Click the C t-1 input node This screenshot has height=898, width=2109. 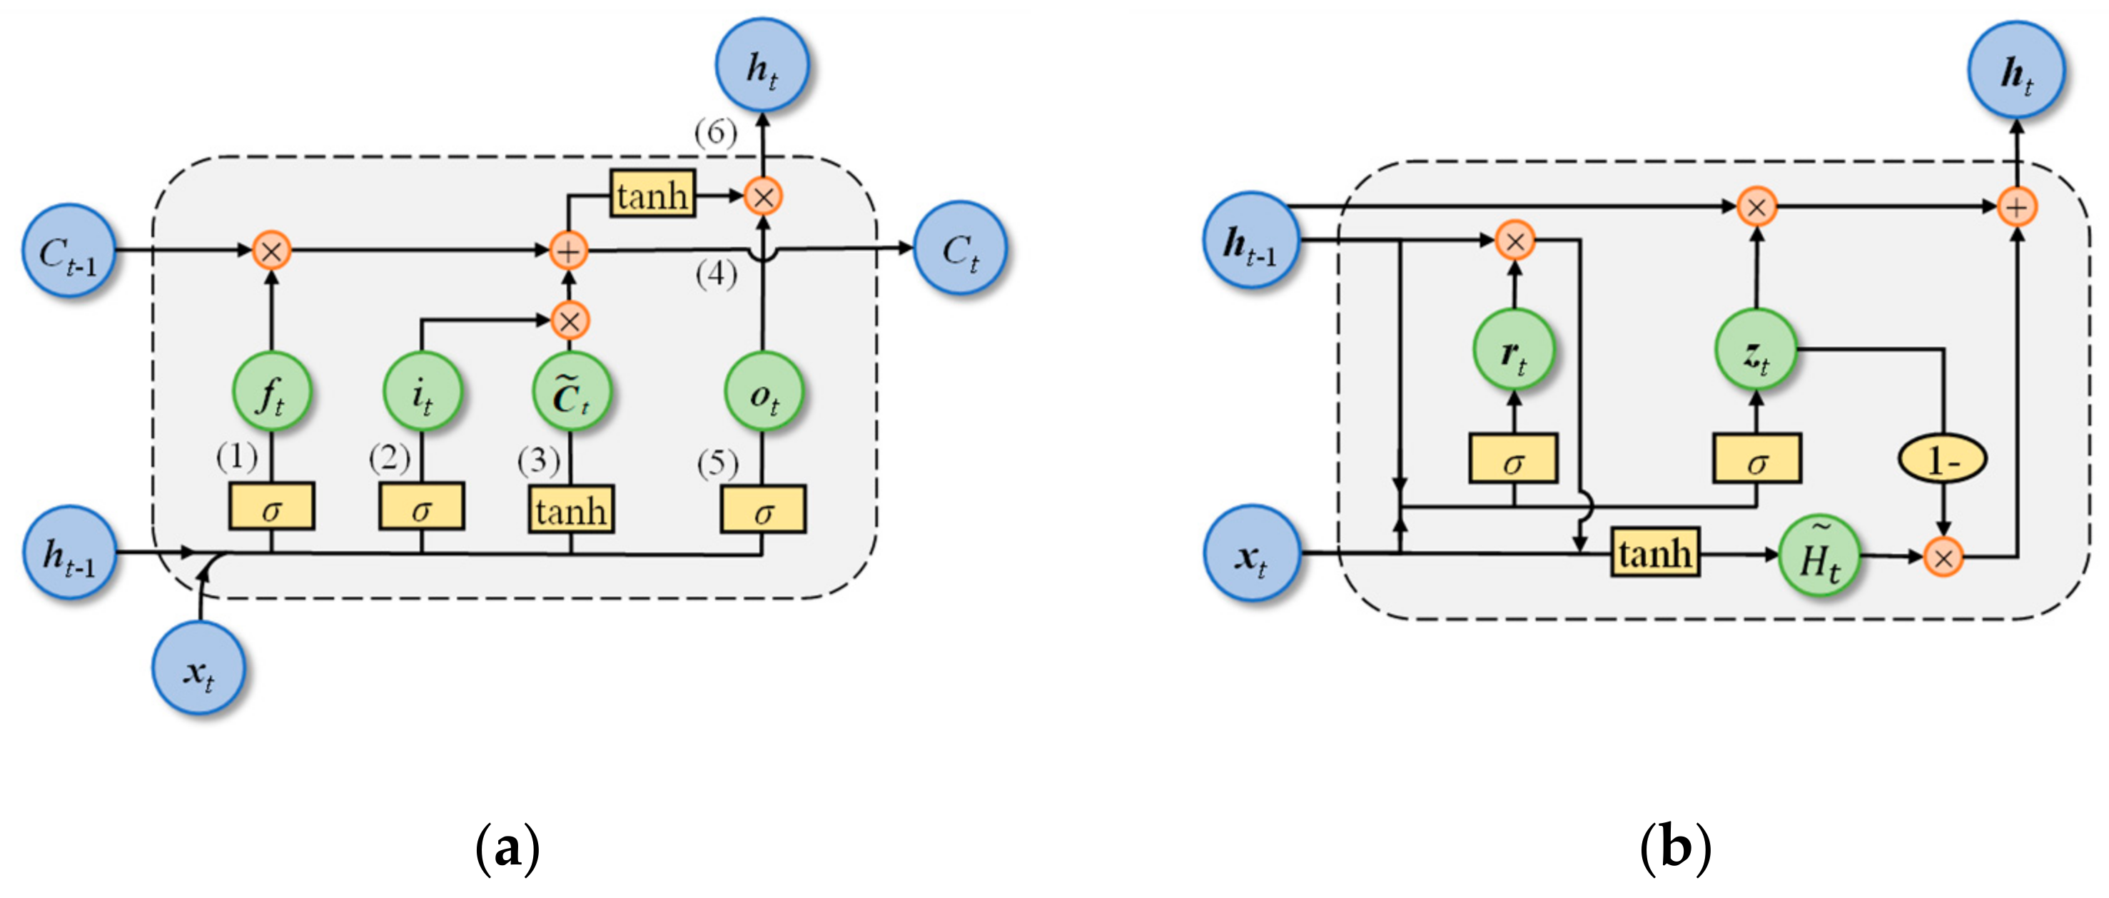69,251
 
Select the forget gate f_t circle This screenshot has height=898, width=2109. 272,392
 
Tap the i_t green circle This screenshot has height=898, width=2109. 423,392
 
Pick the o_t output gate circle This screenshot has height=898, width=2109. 764,392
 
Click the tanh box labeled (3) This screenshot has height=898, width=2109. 571,510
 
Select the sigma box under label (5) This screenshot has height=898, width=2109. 763,510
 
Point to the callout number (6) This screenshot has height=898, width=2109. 716,132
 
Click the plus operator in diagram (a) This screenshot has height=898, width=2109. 569,251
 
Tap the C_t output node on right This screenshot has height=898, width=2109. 959,248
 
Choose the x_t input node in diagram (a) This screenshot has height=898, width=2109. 199,669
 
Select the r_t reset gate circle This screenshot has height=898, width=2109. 1514,350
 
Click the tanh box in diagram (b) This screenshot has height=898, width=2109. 1654,553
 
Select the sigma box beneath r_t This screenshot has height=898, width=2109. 1514,458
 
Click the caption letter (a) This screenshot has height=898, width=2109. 507,848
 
